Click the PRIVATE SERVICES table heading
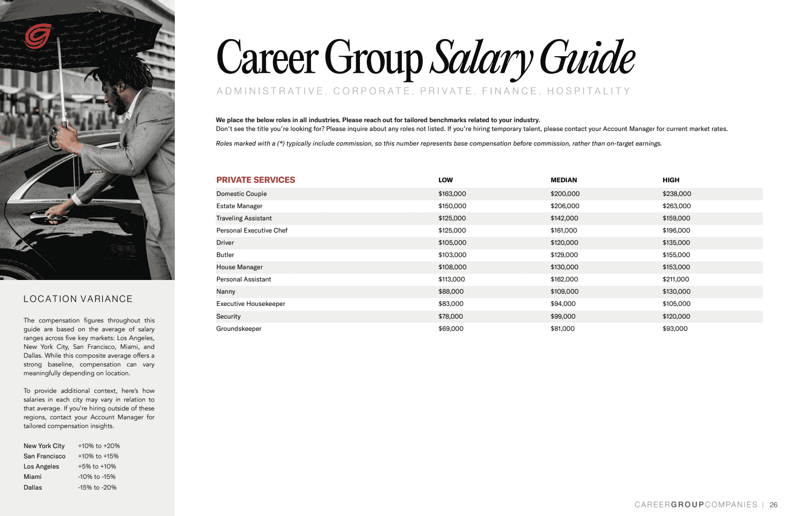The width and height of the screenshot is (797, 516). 255,180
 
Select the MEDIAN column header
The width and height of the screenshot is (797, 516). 564,180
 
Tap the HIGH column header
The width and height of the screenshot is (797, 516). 671,180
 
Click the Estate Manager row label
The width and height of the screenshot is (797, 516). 239,206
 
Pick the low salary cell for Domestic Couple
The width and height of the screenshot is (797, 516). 452,194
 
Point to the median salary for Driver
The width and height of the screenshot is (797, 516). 564,243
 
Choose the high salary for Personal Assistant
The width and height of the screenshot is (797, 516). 675,279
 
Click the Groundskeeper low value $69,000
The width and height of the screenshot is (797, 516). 450,329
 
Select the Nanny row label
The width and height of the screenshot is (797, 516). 226,292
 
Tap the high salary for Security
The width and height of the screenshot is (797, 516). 676,317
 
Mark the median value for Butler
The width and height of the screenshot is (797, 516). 564,255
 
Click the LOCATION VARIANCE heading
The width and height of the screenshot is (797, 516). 78,299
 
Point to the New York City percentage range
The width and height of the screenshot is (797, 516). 99,446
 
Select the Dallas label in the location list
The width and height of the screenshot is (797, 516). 33,488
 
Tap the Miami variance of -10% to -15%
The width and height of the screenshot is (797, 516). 97,477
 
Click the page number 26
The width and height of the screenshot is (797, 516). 773,505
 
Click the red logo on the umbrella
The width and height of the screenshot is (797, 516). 38,36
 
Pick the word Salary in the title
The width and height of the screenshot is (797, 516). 481,59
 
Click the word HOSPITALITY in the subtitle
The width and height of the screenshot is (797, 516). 588,91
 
